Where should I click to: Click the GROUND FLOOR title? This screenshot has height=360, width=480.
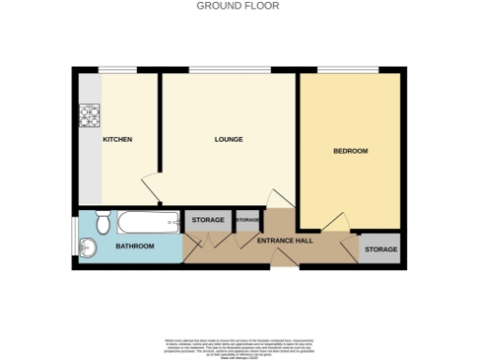click(x=238, y=6)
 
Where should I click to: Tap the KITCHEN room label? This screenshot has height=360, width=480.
click(x=117, y=140)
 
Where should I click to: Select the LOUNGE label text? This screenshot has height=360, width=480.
click(x=228, y=140)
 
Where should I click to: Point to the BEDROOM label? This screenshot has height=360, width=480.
click(x=351, y=151)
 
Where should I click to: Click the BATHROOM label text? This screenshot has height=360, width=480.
click(x=134, y=247)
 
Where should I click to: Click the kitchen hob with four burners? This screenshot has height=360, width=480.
click(x=90, y=115)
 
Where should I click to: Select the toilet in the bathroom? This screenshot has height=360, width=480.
click(x=102, y=223)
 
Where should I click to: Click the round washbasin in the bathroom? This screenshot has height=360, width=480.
click(x=88, y=247)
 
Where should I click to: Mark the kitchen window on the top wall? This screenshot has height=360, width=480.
click(x=117, y=69)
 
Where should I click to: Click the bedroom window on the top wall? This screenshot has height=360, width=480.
click(x=348, y=69)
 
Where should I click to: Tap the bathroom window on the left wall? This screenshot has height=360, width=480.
click(x=74, y=240)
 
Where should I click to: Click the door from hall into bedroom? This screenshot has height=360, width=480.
click(x=334, y=221)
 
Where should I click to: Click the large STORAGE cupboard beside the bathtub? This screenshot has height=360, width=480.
click(x=207, y=220)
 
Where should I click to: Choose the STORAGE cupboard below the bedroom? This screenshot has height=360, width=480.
click(x=381, y=249)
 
